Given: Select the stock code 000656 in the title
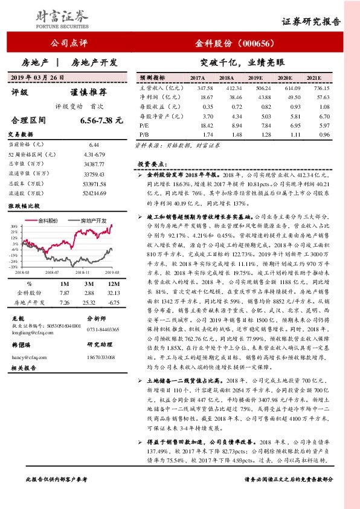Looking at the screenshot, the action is tap(257, 44).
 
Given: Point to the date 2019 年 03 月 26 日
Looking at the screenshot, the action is tap(37, 77).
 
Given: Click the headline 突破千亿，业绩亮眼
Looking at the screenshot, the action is tap(241, 62).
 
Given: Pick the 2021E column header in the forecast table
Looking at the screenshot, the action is tap(313, 79).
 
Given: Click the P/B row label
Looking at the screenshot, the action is tap(144, 134).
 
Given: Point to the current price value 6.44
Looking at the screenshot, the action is tap(94, 144).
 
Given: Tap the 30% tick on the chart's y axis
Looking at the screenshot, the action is tap(13, 227).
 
